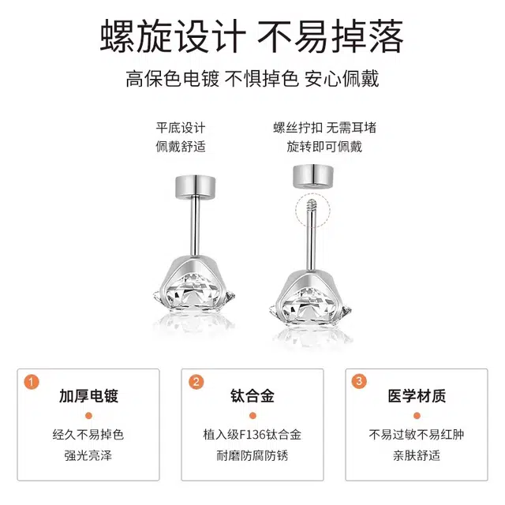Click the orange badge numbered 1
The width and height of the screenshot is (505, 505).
(x=32, y=382)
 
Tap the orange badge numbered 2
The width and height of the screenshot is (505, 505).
(x=196, y=382)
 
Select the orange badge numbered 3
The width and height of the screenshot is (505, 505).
(x=359, y=381)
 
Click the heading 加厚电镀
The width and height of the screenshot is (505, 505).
(x=88, y=396)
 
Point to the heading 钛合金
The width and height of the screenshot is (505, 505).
(x=252, y=396)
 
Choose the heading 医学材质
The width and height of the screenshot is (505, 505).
(x=417, y=396)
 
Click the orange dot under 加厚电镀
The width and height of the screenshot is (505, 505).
(x=88, y=416)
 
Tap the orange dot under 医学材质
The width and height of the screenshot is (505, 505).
(x=417, y=416)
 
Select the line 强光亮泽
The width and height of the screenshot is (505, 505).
(x=88, y=455)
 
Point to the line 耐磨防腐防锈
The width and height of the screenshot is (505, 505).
(x=252, y=455)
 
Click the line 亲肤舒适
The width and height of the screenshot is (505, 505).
(x=417, y=455)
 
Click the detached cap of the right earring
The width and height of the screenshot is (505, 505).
(x=312, y=175)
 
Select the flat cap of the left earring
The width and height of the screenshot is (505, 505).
(x=196, y=187)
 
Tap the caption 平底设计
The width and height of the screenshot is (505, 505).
(x=181, y=128)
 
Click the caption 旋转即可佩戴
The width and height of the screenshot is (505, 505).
(x=324, y=147)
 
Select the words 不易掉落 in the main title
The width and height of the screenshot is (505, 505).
(x=330, y=36)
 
